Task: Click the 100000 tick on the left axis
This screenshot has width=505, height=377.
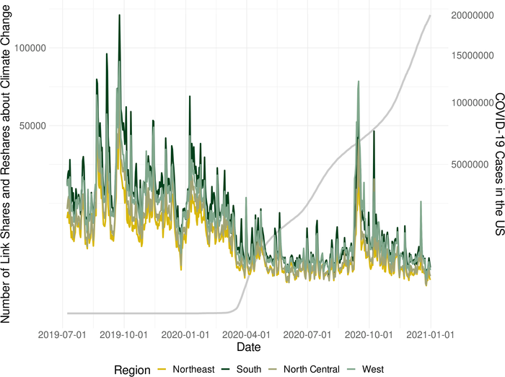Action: click(x=42, y=48)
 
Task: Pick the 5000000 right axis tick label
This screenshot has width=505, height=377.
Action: click(x=473, y=165)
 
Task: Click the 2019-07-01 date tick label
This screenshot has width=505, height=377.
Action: click(x=61, y=335)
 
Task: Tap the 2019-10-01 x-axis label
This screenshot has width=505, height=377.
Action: click(x=123, y=335)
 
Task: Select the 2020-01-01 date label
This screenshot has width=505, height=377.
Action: click(x=185, y=335)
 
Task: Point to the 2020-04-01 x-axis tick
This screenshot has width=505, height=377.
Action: click(x=246, y=335)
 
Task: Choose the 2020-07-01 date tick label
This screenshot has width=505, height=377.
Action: click(x=307, y=335)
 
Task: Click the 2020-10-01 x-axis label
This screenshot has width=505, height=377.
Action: click(x=369, y=335)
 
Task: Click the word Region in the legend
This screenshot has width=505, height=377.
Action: click(x=132, y=370)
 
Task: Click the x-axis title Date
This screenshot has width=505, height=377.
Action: click(x=248, y=348)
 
